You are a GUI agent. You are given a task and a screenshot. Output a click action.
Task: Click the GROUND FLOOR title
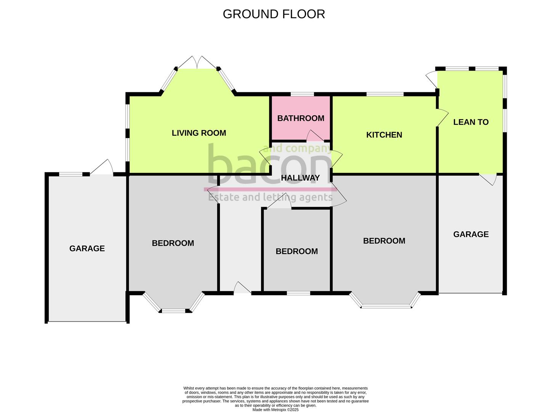coord(274,14)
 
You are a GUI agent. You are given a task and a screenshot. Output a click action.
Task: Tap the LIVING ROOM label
coord(199,133)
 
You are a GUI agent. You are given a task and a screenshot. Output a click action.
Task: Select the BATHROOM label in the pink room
coord(301,118)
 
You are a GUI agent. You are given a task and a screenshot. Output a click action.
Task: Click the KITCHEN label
coord(384,135)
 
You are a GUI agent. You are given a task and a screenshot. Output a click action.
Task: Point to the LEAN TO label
coord(471,122)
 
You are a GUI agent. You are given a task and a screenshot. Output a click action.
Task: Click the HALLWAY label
coord(300,178)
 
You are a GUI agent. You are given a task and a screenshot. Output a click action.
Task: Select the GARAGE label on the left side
coord(87,248)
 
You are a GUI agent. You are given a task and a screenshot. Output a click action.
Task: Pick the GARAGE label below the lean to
coord(471,234)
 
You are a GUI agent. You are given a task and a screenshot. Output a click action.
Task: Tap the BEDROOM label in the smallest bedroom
coord(296,251)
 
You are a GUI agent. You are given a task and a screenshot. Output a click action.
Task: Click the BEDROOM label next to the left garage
coord(173,243)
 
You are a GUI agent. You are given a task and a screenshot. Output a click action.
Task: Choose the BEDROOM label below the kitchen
coord(384,241)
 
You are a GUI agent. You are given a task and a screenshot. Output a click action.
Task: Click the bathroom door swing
coord(314,136)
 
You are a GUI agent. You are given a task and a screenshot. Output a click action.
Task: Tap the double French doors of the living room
coord(198,63)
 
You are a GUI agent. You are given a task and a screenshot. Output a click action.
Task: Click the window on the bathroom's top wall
coord(302,94)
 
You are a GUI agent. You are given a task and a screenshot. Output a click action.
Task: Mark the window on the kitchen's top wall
coord(385,94)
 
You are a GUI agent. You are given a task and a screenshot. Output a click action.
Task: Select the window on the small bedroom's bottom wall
coord(298,293)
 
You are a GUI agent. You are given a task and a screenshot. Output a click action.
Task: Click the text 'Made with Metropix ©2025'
coord(275,410)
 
